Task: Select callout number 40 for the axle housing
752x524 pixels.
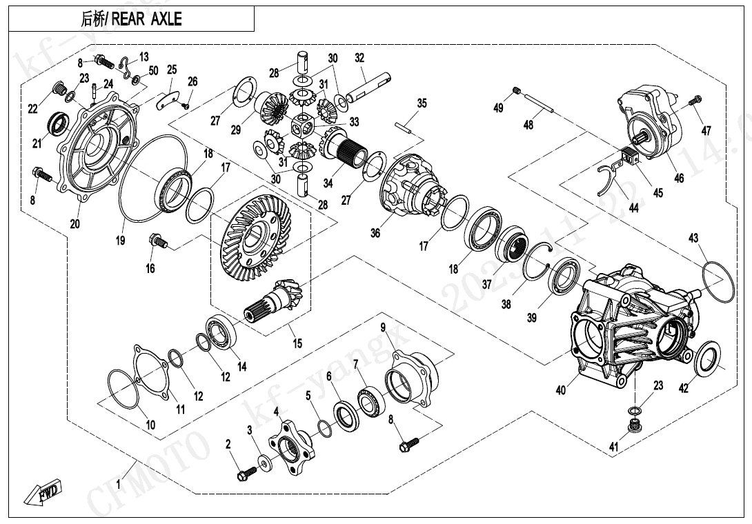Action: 561,390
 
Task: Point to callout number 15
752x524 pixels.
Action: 297,343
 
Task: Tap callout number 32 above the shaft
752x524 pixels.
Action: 359,58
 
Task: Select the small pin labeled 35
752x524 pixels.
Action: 407,126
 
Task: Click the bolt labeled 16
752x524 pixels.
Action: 158,242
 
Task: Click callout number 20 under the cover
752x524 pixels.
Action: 75,223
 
